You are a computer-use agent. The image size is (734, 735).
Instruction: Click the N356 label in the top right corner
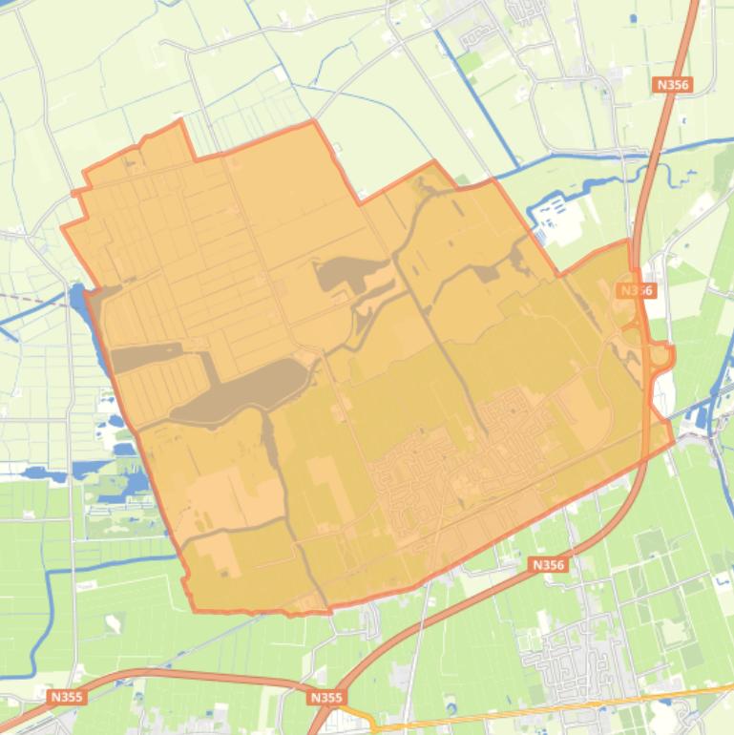[672, 85]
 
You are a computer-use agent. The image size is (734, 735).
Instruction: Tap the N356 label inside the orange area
[636, 290]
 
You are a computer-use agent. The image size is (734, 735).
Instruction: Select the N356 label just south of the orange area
[548, 565]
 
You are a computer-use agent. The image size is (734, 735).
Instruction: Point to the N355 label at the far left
[67, 697]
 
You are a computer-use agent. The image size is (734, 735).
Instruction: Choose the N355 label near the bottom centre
[325, 698]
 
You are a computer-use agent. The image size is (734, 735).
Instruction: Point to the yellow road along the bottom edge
[535, 711]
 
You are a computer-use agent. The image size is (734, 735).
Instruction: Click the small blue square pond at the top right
[633, 17]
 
